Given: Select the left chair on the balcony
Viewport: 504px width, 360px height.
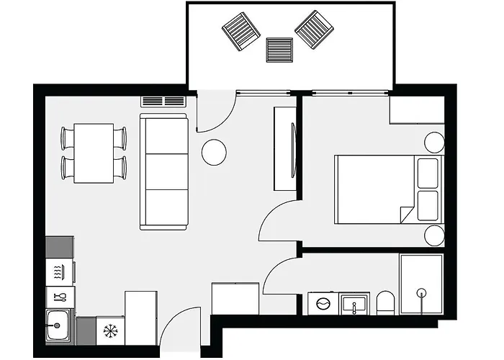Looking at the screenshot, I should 240,32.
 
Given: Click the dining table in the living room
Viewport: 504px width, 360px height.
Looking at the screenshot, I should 94,153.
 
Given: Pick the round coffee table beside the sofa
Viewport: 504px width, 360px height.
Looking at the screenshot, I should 214,152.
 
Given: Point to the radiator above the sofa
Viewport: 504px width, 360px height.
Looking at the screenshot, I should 163,102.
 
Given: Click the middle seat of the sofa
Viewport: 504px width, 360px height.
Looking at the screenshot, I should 164,171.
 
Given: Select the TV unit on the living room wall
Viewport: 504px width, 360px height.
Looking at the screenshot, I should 286,149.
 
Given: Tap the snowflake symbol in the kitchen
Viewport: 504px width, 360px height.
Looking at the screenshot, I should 110,331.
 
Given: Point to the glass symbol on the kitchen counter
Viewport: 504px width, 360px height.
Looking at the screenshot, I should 60,296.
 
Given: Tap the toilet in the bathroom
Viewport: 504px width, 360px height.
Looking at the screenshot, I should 386,302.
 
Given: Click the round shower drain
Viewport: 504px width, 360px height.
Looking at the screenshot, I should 421,292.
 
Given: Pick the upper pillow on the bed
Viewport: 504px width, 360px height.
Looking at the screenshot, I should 428,173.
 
